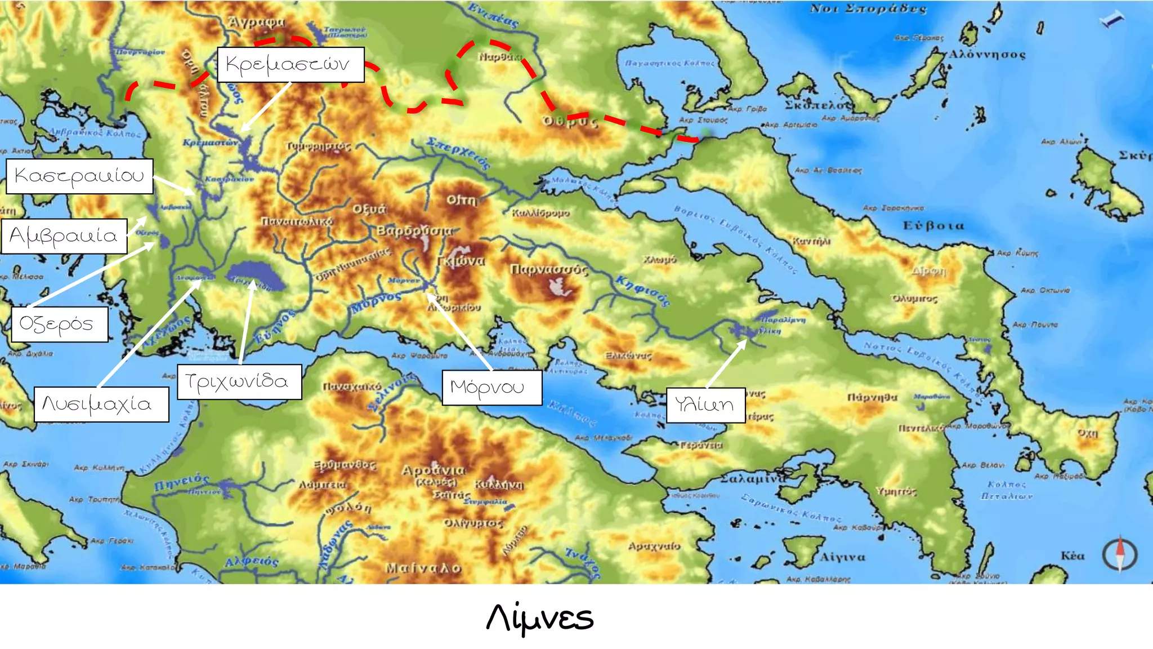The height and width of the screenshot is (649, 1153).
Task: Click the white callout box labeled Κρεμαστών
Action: tap(291, 65)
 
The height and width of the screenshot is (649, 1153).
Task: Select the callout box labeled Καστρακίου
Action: tap(79, 176)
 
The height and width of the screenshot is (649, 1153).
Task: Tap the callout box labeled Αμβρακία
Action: tap(64, 235)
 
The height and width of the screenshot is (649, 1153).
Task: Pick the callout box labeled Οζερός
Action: tap(59, 324)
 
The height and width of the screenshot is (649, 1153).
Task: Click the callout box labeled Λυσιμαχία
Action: tap(101, 404)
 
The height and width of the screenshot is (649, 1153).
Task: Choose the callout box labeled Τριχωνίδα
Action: tap(239, 382)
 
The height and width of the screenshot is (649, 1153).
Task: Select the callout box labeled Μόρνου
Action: tap(491, 388)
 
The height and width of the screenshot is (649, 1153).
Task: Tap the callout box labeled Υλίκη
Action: tap(705, 404)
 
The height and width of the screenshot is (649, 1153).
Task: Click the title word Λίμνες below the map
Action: tap(539, 617)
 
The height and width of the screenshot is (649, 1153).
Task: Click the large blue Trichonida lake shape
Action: tap(256, 274)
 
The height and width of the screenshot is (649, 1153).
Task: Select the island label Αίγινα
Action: tap(842, 557)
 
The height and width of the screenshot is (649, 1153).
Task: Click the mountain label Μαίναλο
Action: tap(423, 568)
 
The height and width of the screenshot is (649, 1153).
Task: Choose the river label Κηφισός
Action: tap(642, 290)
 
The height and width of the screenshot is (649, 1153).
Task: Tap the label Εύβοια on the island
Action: tap(933, 225)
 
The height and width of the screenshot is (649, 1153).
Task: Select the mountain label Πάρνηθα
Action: tap(872, 397)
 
